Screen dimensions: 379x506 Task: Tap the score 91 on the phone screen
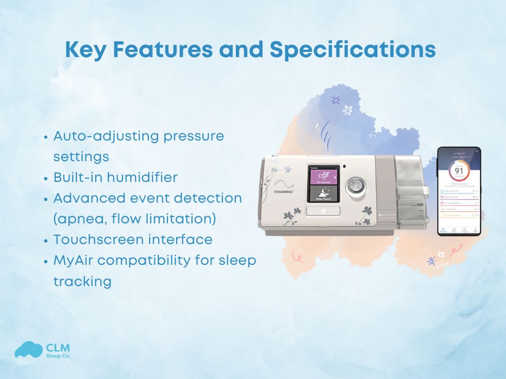click(x=458, y=170)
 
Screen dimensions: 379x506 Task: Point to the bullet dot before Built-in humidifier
click(x=47, y=178)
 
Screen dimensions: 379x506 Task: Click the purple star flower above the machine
click(x=335, y=100)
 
